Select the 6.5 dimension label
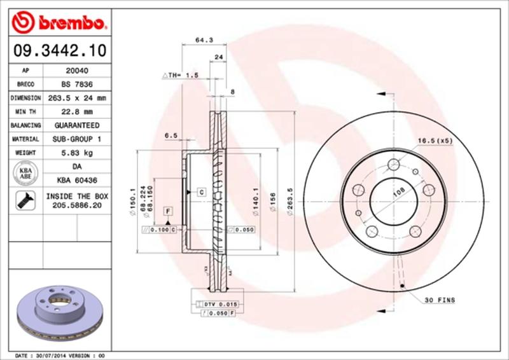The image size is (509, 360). [x=171, y=135]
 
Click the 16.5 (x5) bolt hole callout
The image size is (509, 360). [x=435, y=141]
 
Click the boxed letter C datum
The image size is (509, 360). [x=200, y=191]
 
